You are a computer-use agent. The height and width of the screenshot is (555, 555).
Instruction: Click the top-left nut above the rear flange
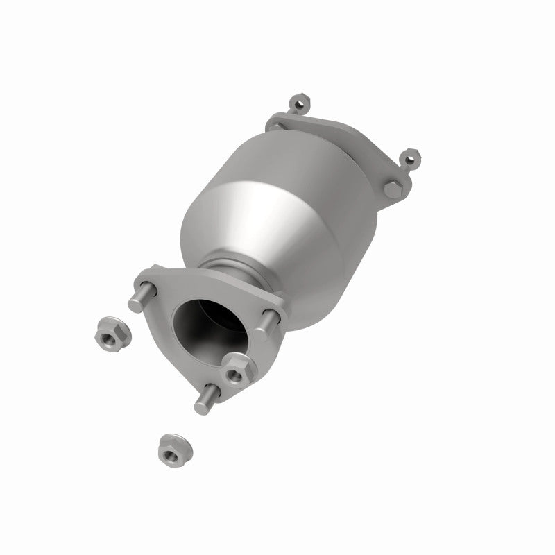[x=299, y=103]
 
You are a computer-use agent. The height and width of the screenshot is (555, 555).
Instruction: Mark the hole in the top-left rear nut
[x=299, y=104]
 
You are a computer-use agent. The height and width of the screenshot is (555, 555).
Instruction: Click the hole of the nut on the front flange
[x=236, y=373]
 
